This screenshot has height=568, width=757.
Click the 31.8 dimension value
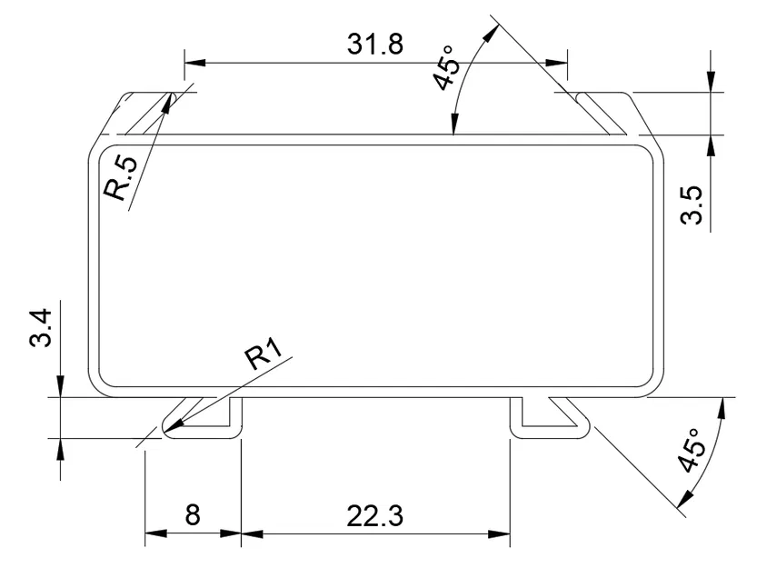coord(375,44)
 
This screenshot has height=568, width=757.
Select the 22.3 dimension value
coord(375,515)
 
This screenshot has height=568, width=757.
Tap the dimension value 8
coord(193,515)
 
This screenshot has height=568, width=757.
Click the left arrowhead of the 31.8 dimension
coord(191,63)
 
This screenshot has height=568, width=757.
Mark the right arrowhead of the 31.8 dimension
coord(562,63)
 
